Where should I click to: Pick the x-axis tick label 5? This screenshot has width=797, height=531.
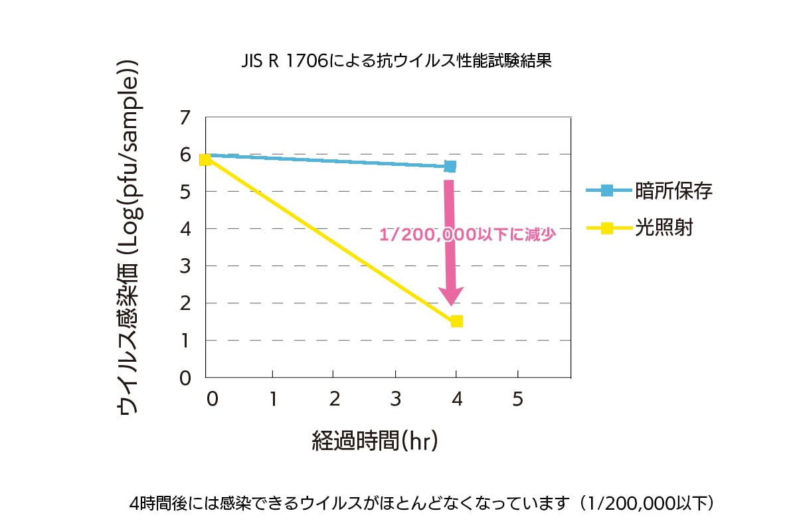tap(518, 399)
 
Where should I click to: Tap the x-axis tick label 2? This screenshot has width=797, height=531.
tap(334, 399)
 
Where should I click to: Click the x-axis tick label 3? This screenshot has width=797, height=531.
tap(395, 399)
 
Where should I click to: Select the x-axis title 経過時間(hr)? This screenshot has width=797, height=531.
tap(375, 440)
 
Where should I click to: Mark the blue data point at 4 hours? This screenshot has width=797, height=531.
tap(450, 166)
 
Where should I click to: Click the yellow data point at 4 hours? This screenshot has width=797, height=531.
tap(456, 321)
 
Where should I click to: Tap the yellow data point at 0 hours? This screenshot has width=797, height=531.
tap(205, 159)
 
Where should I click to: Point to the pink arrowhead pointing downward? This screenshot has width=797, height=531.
tap(451, 295)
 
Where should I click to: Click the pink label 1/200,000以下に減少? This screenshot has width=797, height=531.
tap(466, 234)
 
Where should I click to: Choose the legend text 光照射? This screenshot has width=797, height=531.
tap(664, 228)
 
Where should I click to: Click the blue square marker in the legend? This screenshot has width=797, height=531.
tap(606, 191)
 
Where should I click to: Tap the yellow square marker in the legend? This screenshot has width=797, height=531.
tap(606, 228)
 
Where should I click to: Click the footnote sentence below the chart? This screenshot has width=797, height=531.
tap(422, 502)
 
